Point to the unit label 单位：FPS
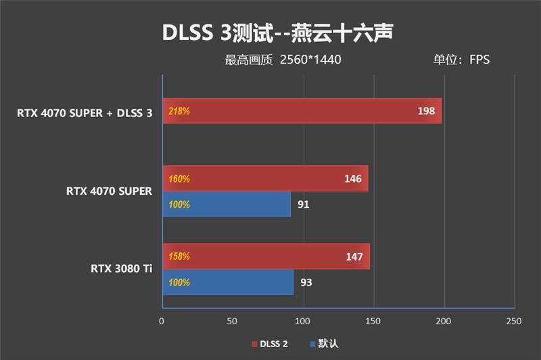pyautogui.click(x=461, y=60)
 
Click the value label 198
pyautogui.click(x=426, y=111)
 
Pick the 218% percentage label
pyautogui.click(x=179, y=111)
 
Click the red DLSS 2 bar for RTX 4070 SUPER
pyautogui.click(x=265, y=179)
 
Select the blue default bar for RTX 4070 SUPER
pyautogui.click(x=227, y=204)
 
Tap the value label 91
pyautogui.click(x=304, y=204)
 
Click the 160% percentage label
pyautogui.click(x=179, y=179)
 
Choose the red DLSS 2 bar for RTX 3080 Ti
pyautogui.click(x=266, y=256)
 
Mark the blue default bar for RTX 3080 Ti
pyautogui.click(x=228, y=282)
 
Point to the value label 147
pyautogui.click(x=354, y=257)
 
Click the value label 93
pyautogui.click(x=306, y=282)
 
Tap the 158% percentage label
pyautogui.click(x=179, y=257)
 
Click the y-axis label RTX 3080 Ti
pyautogui.click(x=122, y=269)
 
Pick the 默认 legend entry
pyautogui.click(x=323, y=344)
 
